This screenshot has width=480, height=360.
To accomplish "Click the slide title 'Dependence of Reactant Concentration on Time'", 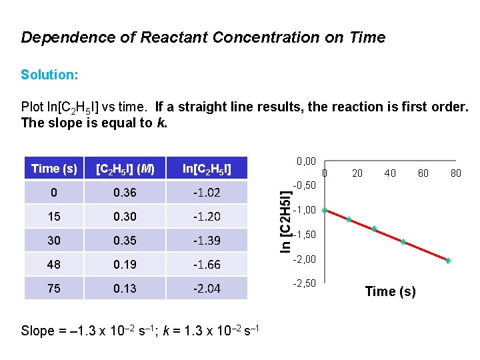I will (x=203, y=37).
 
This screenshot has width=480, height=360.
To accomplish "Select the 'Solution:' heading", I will (x=49, y=75).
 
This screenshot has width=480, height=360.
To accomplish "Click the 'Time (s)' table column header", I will (x=54, y=169).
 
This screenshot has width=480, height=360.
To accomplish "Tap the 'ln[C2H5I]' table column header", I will (x=207, y=169).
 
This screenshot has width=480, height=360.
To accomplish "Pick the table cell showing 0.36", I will (x=124, y=193).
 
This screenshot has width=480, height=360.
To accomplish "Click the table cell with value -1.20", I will (x=207, y=217).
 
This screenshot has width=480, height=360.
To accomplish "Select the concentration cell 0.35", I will (x=124, y=240).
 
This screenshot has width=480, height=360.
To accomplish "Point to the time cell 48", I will (x=54, y=264).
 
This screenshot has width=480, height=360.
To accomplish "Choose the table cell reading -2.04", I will (x=207, y=288).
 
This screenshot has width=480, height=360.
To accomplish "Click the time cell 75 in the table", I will (x=54, y=288).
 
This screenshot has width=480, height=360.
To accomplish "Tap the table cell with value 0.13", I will (x=124, y=288).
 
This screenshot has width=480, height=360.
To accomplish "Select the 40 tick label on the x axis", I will (x=390, y=173).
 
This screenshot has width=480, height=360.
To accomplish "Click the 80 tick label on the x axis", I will (x=456, y=173).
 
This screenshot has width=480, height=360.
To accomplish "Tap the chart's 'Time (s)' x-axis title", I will (x=390, y=291).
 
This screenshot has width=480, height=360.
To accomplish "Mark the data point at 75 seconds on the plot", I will (x=449, y=261).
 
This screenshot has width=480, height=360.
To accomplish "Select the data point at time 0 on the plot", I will (x=325, y=211).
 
